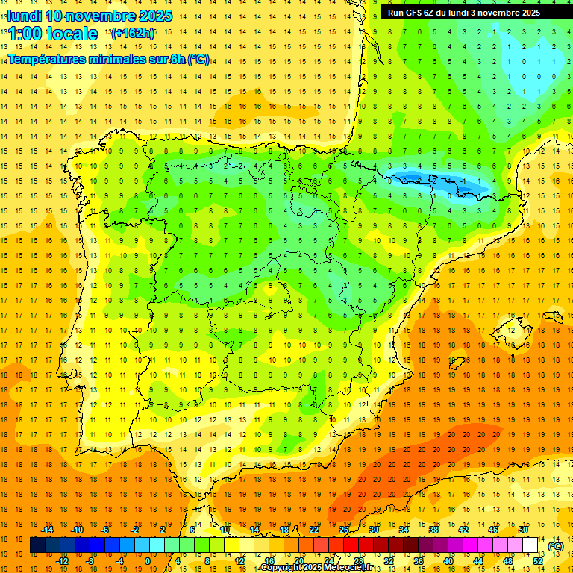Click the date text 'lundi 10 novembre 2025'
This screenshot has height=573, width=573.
click(x=90, y=16)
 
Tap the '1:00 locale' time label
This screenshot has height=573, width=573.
click(x=52, y=34)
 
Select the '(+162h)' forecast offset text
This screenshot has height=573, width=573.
click(x=132, y=34)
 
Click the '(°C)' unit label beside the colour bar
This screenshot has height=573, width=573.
click(x=555, y=546)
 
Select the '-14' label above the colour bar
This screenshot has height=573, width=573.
click(x=48, y=530)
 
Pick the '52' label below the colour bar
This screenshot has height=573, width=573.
click(x=537, y=561)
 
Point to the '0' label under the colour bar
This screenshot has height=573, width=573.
click(x=147, y=561)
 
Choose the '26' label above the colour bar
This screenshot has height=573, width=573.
click(x=344, y=530)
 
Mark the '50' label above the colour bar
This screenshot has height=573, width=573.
click(x=523, y=530)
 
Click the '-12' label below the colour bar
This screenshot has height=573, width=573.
click(x=62, y=561)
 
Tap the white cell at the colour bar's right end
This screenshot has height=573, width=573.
click(x=530, y=545)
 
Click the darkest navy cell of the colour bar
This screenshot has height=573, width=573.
click(x=37, y=545)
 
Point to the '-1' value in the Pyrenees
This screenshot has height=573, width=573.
click(x=464, y=181)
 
